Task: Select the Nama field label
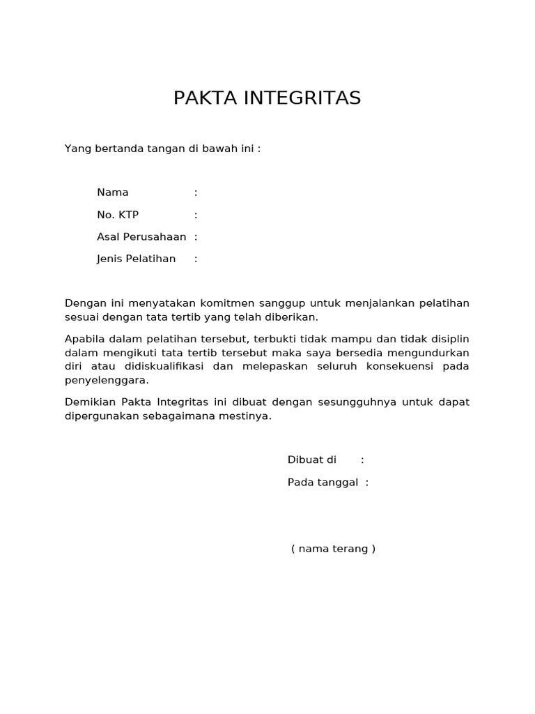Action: point(113,192)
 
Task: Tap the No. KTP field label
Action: point(118,215)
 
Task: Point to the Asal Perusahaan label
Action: point(141,237)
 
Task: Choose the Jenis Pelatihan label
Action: point(137,259)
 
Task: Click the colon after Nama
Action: point(196,192)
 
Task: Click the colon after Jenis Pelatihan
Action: point(196,259)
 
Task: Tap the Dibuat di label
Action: point(312,460)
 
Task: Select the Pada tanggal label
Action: point(323,483)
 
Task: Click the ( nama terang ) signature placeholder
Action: point(333,549)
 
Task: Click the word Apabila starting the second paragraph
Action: point(84,339)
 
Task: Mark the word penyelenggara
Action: point(106,381)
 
